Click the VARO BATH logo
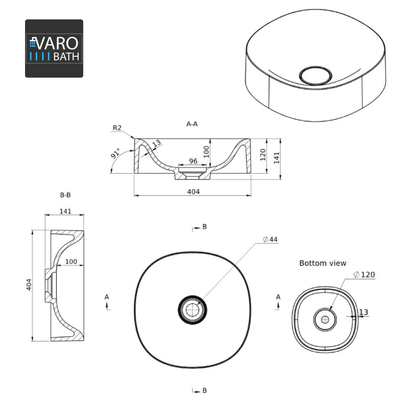[54, 48]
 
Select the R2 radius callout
[117, 128]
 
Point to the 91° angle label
[116, 154]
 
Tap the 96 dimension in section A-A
[193, 161]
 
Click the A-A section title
[192, 124]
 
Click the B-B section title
[65, 195]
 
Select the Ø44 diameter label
[270, 240]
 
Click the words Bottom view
[322, 263]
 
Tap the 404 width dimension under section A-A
[194, 191]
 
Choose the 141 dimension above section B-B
[65, 211]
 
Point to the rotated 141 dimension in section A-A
[277, 158]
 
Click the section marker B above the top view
[204, 227]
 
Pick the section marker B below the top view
[204, 391]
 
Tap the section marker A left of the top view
[107, 297]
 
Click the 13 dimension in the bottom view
[363, 312]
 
